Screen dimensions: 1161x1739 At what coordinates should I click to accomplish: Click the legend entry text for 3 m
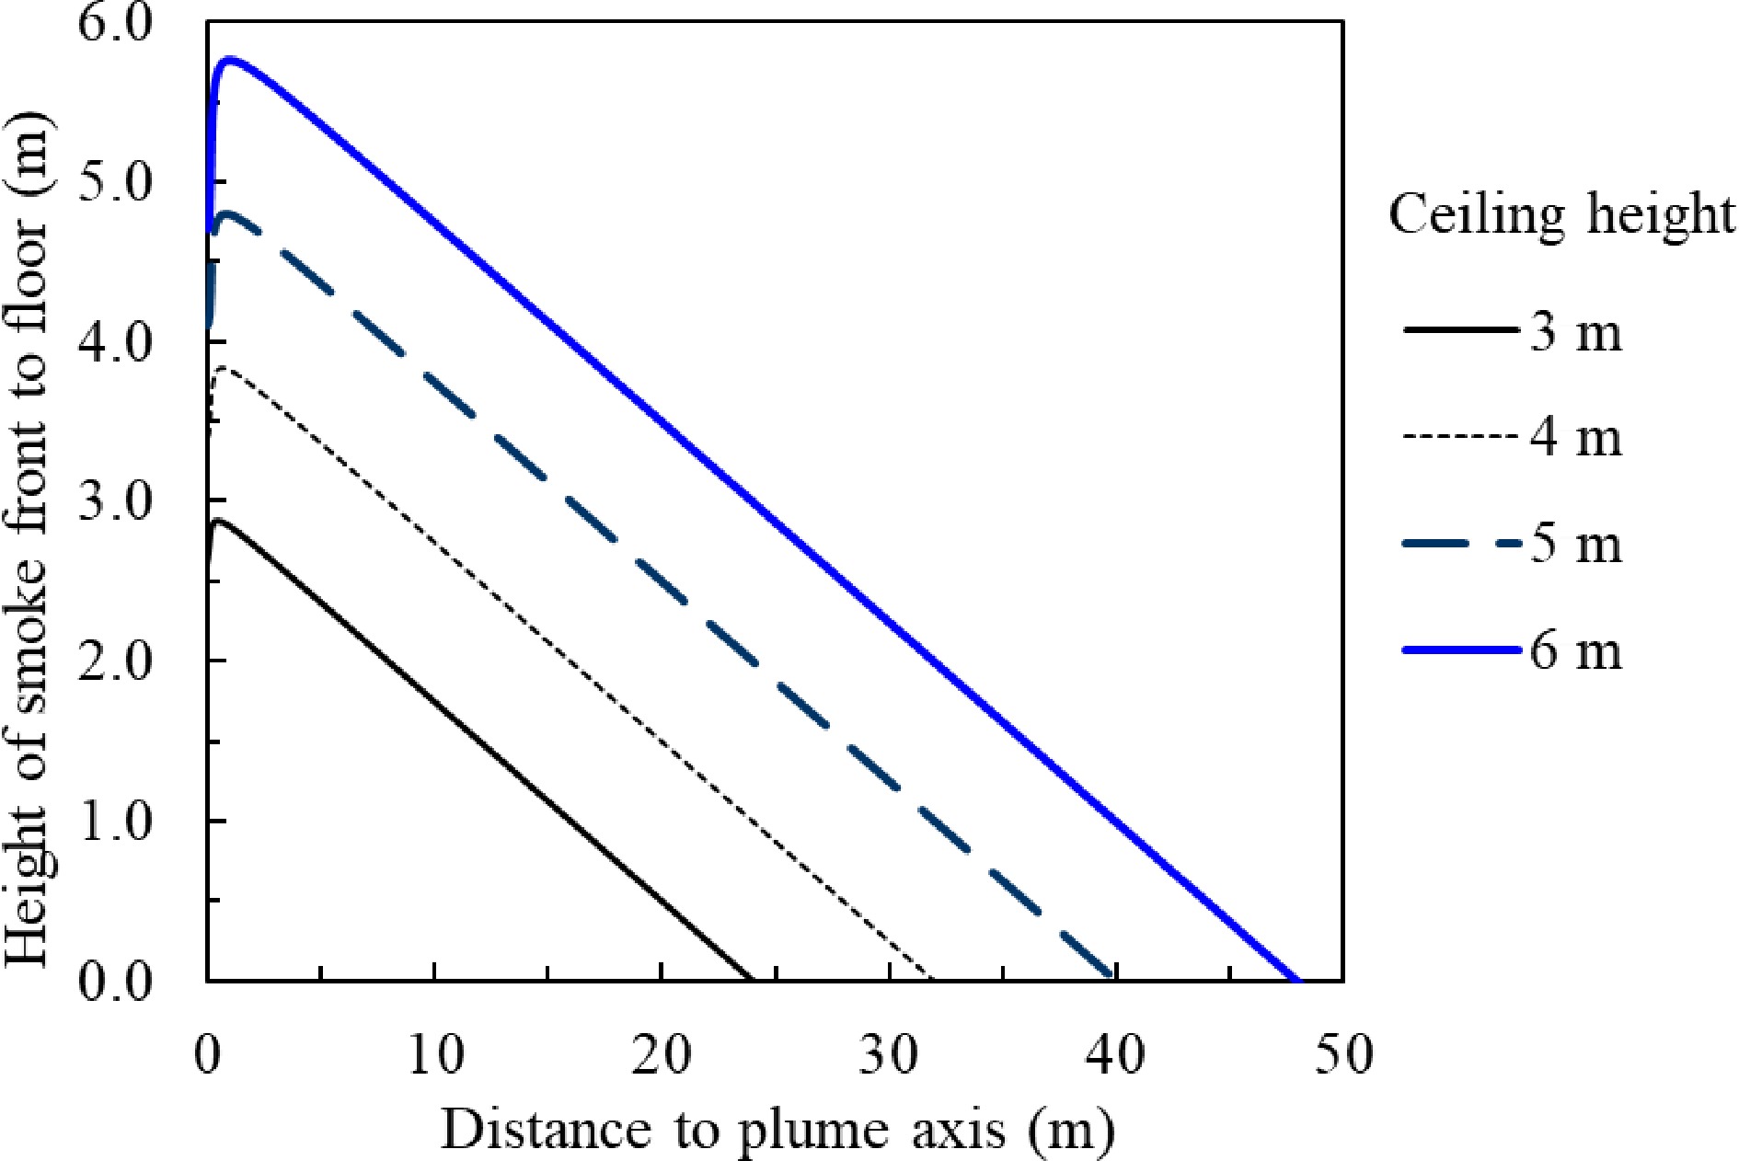pyautogui.click(x=1575, y=331)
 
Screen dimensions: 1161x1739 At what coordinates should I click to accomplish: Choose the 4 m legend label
pyautogui.click(x=1575, y=438)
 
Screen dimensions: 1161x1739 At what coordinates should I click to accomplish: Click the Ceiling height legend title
pyautogui.click(x=1560, y=216)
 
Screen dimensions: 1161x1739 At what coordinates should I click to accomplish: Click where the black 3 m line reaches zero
pyautogui.click(x=752, y=979)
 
